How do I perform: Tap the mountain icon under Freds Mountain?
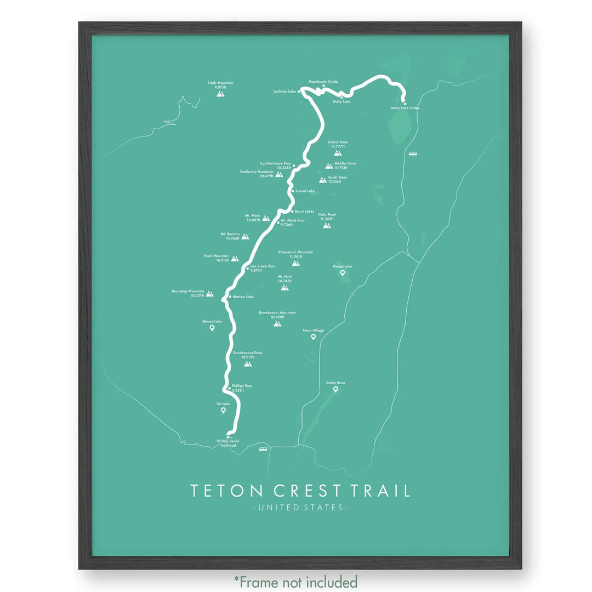[x=220, y=94]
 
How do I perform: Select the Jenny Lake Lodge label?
[x=405, y=108]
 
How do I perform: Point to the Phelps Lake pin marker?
[x=343, y=272]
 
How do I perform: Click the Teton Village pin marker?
[x=314, y=337]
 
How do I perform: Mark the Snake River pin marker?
[x=335, y=389]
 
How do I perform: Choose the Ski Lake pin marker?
[x=223, y=410]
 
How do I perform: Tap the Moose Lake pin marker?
[x=212, y=328]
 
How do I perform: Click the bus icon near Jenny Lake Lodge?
[x=412, y=154]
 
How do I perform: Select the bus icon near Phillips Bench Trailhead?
[x=263, y=449]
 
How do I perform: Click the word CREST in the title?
[x=299, y=491]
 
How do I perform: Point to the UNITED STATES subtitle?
[x=300, y=508]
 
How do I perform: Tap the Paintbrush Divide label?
[x=323, y=82]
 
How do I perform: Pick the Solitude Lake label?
[x=284, y=91]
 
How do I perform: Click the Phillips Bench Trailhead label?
[x=227, y=443]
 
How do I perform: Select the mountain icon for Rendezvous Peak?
[x=248, y=363]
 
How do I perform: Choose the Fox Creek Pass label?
[x=263, y=266]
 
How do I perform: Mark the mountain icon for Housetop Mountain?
[x=209, y=294]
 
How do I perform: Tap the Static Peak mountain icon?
[x=327, y=225]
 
